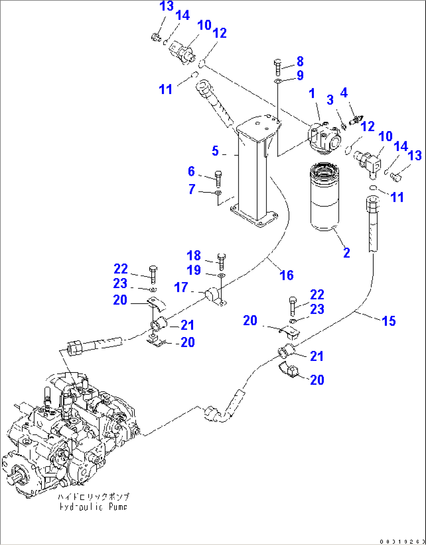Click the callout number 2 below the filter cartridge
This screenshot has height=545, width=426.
click(346, 253)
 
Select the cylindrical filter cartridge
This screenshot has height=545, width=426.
click(325, 199)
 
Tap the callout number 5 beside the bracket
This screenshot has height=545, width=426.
click(215, 151)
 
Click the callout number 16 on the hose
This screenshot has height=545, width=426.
click(286, 275)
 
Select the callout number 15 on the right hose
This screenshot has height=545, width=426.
click(388, 321)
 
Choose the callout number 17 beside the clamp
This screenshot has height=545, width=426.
click(181, 288)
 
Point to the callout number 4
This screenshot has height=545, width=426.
click(344, 93)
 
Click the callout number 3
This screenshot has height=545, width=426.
click(330, 100)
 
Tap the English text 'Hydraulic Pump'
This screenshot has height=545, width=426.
click(93, 507)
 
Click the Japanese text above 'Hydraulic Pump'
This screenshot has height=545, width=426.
click(93, 497)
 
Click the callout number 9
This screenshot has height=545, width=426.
click(300, 75)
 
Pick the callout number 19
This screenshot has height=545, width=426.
click(194, 270)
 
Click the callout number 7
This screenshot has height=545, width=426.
click(192, 189)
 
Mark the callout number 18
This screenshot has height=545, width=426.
click(194, 256)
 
